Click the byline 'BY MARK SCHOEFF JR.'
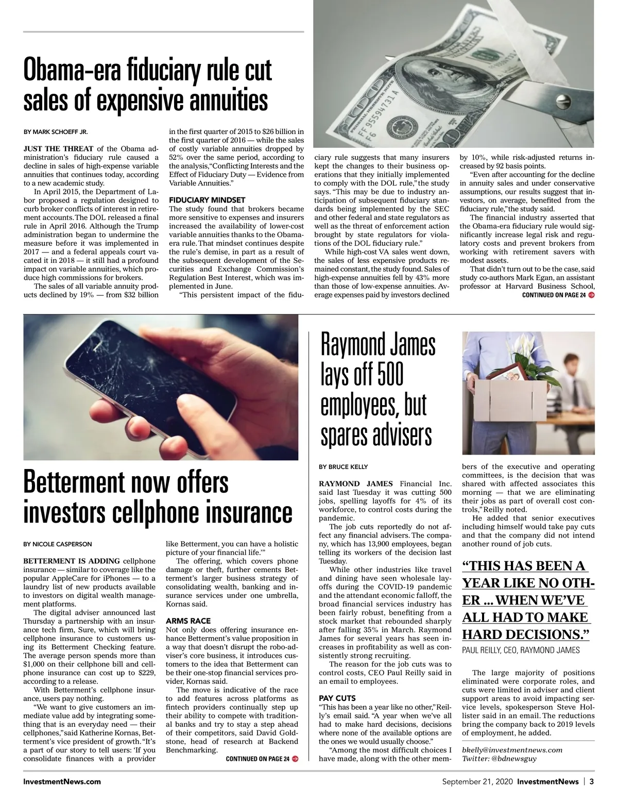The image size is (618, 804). click(x=56, y=131)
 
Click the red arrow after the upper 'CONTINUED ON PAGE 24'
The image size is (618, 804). click(x=591, y=295)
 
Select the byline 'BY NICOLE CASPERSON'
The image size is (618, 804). click(x=58, y=544)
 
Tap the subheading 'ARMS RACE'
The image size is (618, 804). click(x=188, y=621)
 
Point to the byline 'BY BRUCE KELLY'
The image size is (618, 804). click(x=343, y=467)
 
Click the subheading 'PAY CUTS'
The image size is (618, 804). click(x=337, y=698)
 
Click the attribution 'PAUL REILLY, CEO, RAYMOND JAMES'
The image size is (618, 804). click(x=521, y=650)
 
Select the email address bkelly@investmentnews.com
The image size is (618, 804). click(x=512, y=750)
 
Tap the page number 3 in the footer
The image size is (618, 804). click(x=592, y=781)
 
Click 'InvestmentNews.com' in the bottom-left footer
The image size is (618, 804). click(x=62, y=781)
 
